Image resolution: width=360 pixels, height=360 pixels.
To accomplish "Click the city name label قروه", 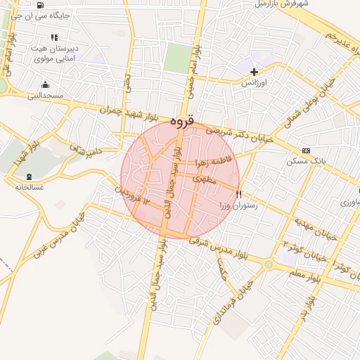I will point(186,120).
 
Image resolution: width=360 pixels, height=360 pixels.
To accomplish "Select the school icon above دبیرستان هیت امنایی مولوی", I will point(53,38).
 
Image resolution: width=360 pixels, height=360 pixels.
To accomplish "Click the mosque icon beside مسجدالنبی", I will point(46,84).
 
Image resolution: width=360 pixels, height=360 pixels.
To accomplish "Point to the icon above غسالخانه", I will point(28,176).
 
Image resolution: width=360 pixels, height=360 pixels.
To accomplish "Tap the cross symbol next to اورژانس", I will point(255,71).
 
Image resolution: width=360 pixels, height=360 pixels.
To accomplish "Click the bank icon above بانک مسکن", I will point(306,151).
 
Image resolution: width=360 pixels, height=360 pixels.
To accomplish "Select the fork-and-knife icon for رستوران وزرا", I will point(239,194).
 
